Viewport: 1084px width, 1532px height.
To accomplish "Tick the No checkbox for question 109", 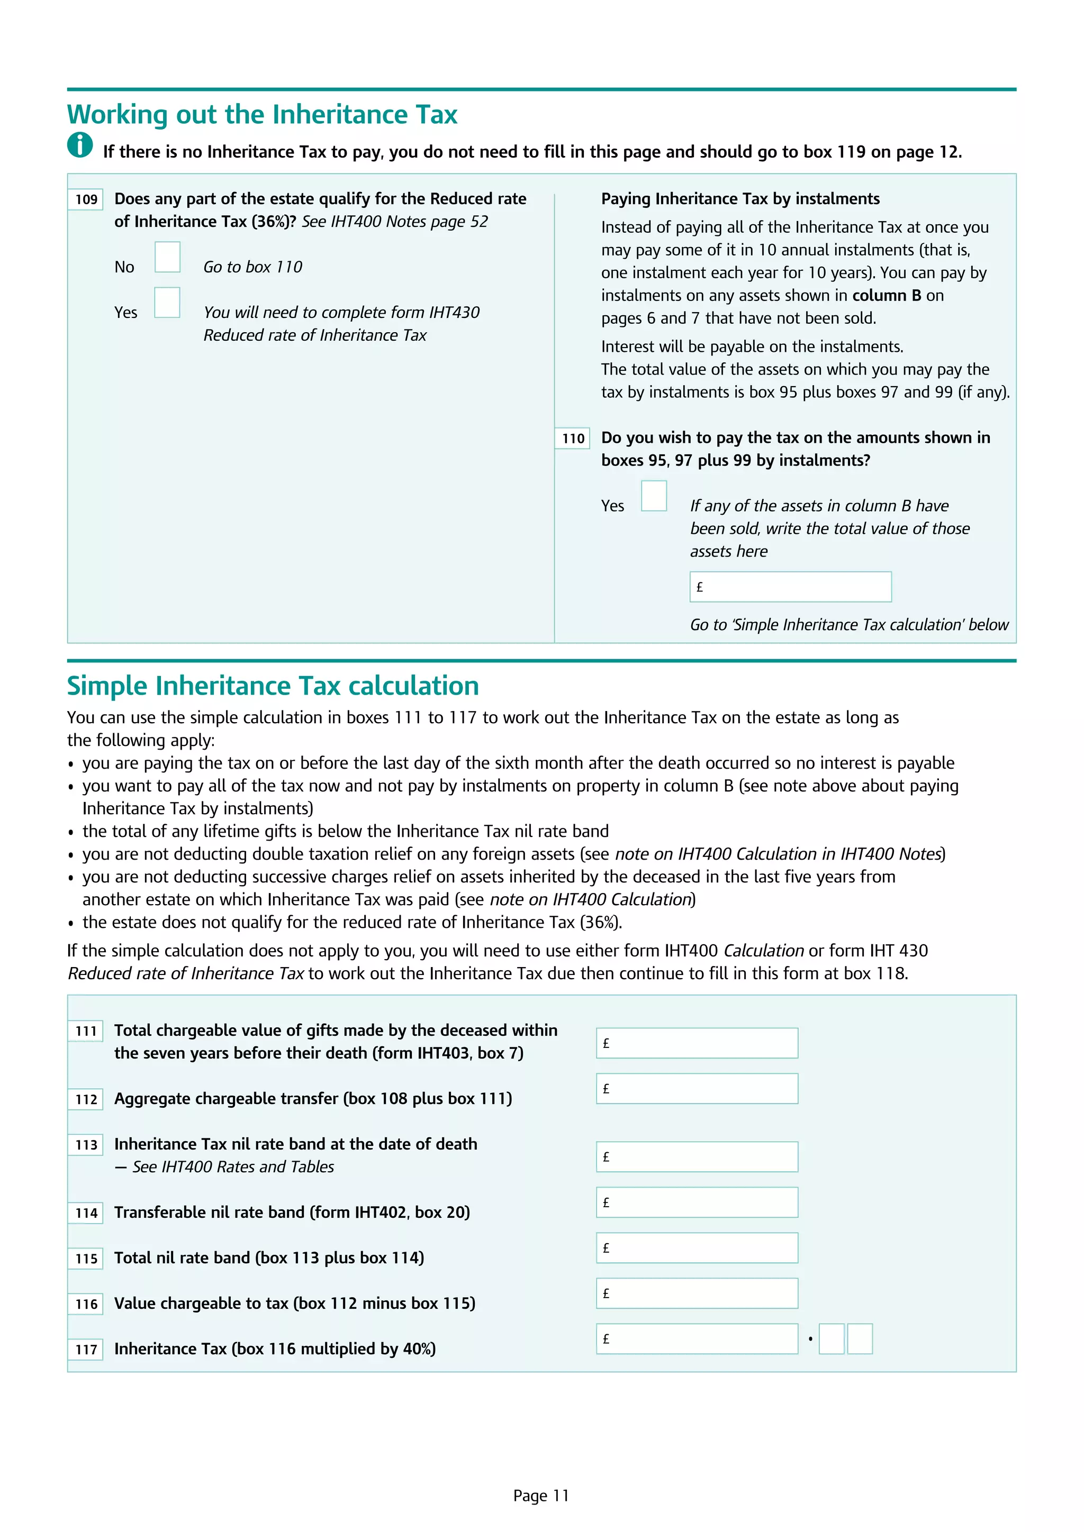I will tap(168, 257).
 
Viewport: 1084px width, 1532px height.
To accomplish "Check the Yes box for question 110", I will tap(654, 496).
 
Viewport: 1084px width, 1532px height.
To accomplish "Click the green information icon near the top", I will tap(80, 145).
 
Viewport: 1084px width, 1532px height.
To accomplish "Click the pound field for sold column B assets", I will tap(790, 587).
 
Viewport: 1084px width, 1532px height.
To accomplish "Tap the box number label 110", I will tap(573, 439).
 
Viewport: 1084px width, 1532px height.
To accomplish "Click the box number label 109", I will tap(86, 199).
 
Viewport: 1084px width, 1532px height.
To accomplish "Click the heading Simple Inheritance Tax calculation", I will tap(273, 686).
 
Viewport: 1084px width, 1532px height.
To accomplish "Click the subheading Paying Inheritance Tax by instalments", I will tap(740, 199).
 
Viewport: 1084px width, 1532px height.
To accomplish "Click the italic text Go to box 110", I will tap(252, 267).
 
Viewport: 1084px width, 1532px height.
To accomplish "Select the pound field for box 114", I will tap(697, 1202).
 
